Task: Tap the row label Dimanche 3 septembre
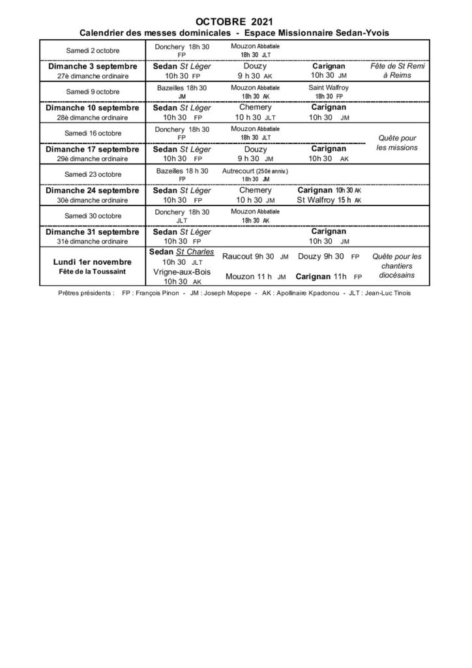92,67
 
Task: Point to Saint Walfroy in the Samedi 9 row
329,87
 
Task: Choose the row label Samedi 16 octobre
92,133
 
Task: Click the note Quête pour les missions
396,143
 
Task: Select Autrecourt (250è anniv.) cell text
255,170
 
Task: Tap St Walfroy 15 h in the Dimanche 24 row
324,200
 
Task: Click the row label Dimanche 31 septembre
92,231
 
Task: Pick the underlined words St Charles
195,251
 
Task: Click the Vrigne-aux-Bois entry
181,271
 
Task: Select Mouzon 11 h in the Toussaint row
250,276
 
